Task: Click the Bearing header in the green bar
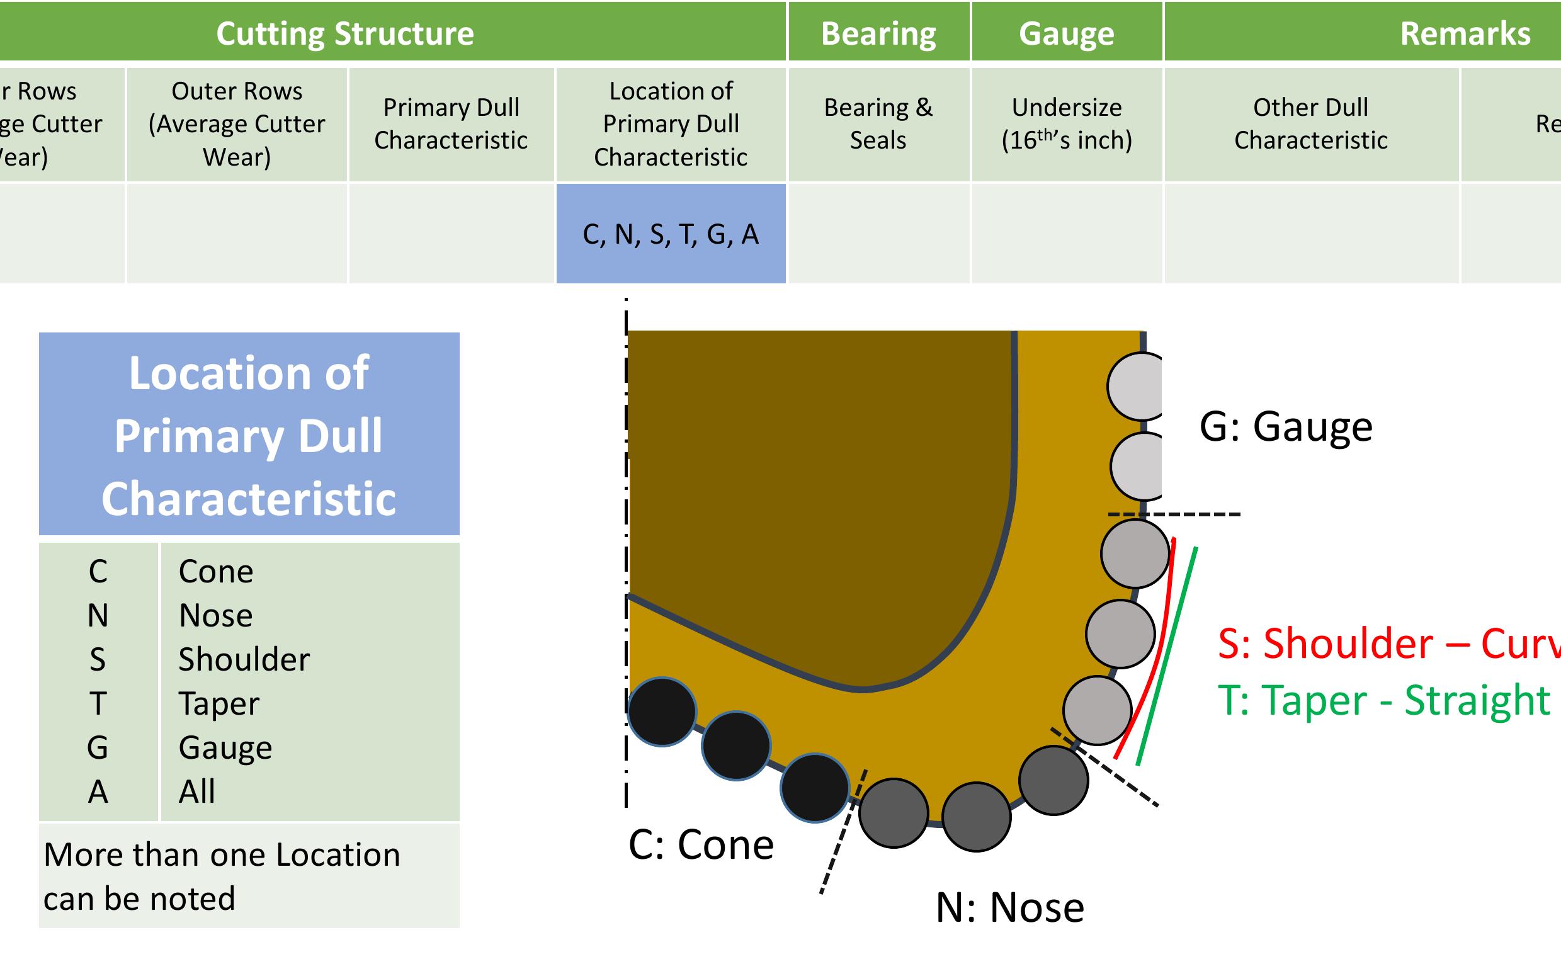coord(878,33)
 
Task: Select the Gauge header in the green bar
coord(1065,33)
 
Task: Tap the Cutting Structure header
coord(345,33)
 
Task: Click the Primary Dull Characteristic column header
coord(451,123)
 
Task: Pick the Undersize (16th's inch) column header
coord(1066,123)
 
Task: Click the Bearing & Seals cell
coord(878,123)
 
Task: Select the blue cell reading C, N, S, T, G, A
coord(671,234)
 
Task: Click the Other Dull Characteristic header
coord(1310,123)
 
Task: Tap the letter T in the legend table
coord(98,704)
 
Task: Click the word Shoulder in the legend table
coord(244,659)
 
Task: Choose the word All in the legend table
coord(196,792)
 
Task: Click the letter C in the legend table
coord(98,571)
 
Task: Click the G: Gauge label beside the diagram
coord(1285,426)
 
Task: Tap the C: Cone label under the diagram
coord(700,845)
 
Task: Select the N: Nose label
coord(1009,907)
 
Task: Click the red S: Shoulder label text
coord(1383,644)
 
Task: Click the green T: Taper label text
coord(1383,701)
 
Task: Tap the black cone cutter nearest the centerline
coord(662,712)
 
